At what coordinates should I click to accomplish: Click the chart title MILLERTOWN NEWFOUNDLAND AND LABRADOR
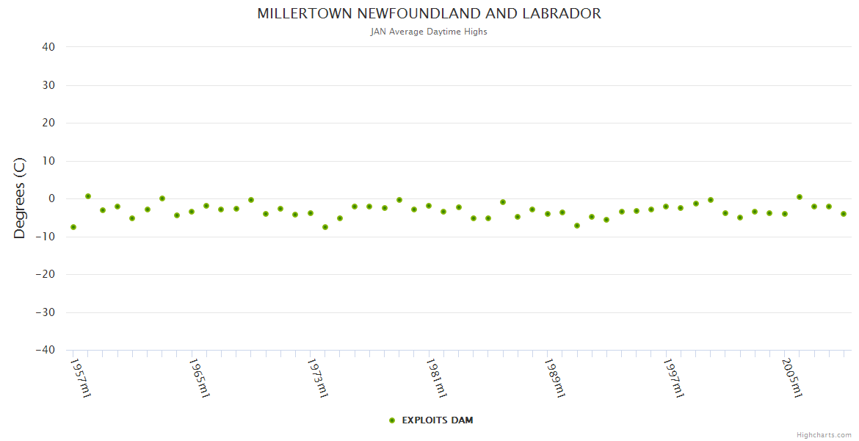[x=429, y=14]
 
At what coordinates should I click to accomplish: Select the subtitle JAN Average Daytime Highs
[x=429, y=32]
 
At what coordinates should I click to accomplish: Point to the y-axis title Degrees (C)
[x=20, y=198]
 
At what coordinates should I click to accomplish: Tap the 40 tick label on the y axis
[x=48, y=47]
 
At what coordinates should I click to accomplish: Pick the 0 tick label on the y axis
[x=51, y=198]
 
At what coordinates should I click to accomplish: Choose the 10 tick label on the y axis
[x=48, y=161]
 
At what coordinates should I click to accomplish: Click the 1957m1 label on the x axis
[x=80, y=378]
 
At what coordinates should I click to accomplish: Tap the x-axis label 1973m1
[x=317, y=378]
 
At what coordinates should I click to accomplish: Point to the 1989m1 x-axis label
[x=554, y=378]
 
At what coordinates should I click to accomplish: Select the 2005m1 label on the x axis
[x=791, y=378]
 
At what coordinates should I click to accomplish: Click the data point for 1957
[x=73, y=227]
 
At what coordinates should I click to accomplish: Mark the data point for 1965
[x=192, y=212]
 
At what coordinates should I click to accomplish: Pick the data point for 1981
[x=429, y=206]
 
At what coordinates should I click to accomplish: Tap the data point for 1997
[x=666, y=207]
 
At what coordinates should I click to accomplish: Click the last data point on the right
[x=844, y=214]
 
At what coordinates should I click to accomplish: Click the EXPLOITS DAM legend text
[x=438, y=420]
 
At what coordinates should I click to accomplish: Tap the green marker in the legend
[x=392, y=420]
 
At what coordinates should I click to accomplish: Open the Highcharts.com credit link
[x=824, y=435]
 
